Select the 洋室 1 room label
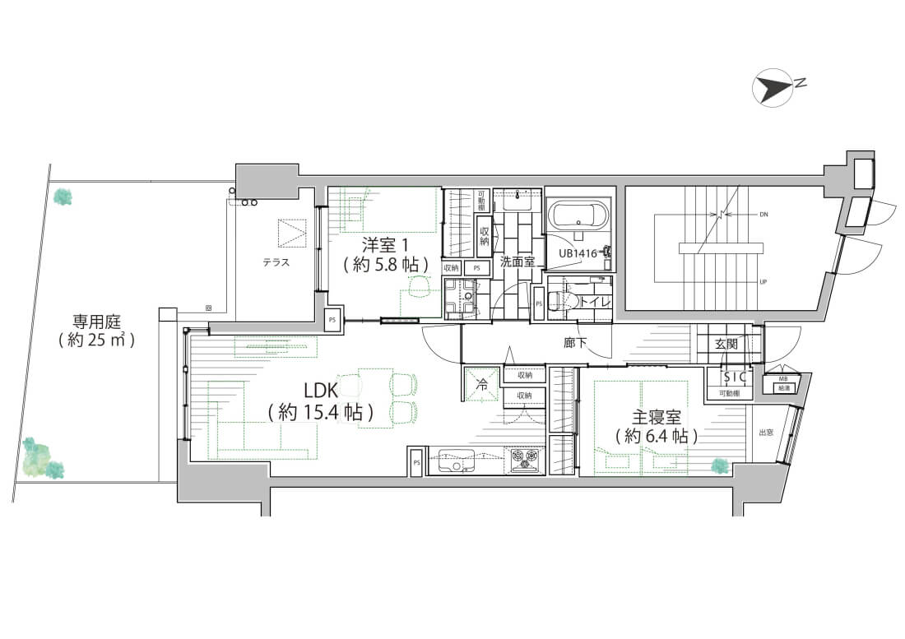pos(385,244)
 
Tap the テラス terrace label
pos(276,262)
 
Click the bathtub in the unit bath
pos(579,218)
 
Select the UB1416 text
pos(578,253)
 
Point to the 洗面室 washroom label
pos(517,262)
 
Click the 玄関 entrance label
pos(727,344)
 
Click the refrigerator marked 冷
pos(482,384)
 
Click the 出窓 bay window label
pos(764,432)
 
